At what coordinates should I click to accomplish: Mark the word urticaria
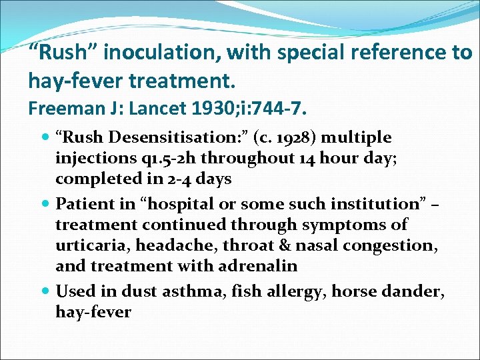tap(93, 245)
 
